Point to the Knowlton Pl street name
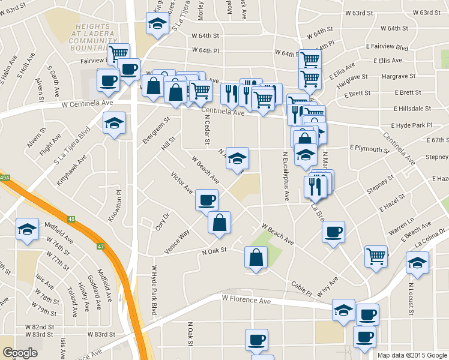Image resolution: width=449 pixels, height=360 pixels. click(118, 206)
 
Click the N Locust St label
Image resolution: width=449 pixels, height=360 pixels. click(411, 299)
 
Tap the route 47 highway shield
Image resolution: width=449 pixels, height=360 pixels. click(100, 246)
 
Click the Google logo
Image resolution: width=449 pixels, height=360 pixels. click(20, 353)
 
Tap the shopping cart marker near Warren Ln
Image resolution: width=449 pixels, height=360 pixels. click(376, 256)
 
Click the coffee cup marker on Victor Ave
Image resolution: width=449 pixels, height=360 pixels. click(206, 199)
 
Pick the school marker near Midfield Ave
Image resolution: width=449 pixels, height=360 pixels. click(28, 230)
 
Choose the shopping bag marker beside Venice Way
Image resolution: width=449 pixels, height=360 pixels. click(220, 222)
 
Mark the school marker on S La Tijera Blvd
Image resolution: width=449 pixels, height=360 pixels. click(114, 123)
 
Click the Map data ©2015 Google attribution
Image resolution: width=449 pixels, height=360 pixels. click(412, 355)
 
